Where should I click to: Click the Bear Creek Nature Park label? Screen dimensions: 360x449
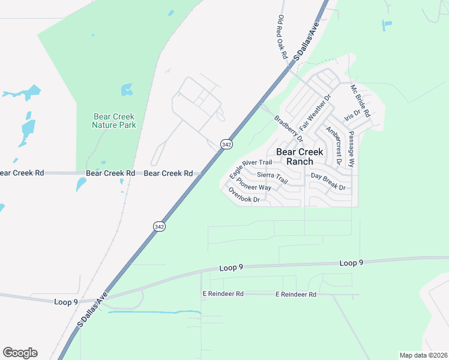(114, 121)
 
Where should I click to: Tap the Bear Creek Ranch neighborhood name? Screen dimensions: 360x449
(303, 157)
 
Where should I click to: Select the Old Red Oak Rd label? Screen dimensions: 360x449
(282, 37)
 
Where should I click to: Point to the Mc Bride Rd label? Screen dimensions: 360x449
(361, 101)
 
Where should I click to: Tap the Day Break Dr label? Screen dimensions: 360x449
(328, 182)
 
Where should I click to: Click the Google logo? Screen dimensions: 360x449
(20, 353)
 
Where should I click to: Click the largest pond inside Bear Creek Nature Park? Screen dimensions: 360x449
(127, 90)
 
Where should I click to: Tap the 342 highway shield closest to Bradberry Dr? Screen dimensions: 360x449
(226, 145)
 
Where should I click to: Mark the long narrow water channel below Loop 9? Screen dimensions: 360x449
(154, 312)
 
